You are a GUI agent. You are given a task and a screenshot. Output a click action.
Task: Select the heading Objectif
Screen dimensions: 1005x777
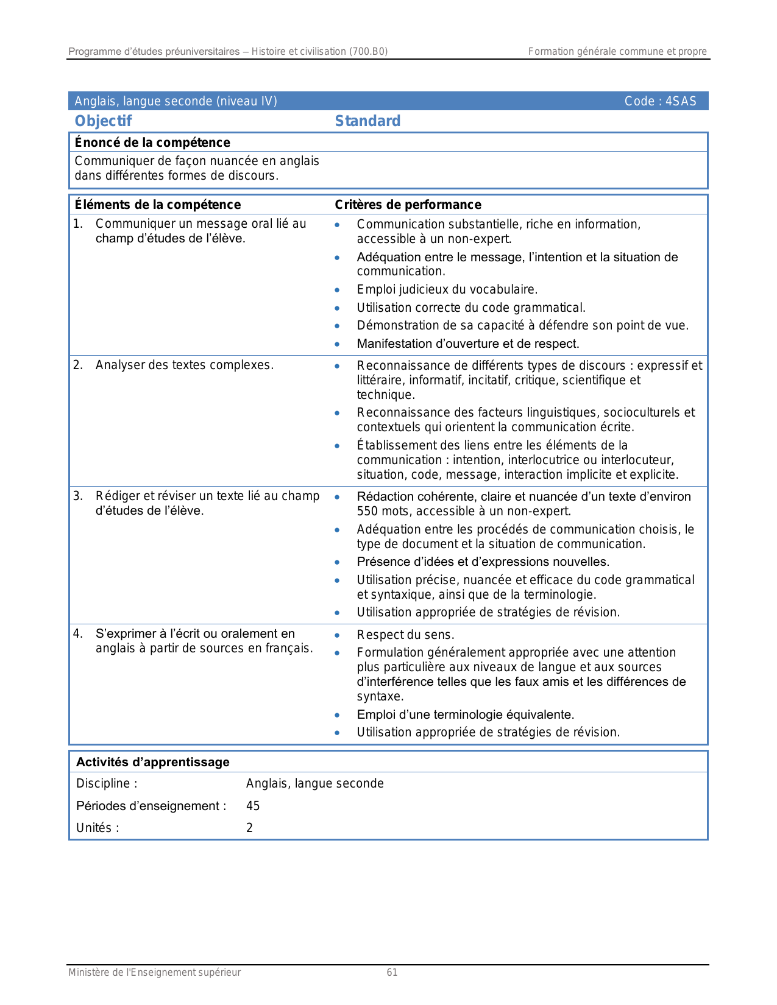coord(103,121)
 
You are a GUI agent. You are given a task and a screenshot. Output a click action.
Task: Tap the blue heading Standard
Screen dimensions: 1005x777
coord(367,121)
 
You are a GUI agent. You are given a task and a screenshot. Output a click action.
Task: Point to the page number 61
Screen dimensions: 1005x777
coord(392,973)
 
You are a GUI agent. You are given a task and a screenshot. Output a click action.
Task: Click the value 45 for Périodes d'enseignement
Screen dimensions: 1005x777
coord(253,806)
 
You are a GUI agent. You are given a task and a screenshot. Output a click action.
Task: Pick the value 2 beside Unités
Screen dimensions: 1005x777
coord(249,828)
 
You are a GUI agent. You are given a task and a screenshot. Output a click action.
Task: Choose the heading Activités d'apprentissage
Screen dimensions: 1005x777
coord(152,762)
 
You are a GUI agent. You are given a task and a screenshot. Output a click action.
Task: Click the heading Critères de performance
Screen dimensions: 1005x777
coord(408,205)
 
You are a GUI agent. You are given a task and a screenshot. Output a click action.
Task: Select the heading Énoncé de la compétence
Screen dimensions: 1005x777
coord(152,143)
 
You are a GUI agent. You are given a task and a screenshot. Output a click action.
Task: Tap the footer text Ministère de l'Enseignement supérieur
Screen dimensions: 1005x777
coord(154,973)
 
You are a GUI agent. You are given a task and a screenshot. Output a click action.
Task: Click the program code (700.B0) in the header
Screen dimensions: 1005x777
coord(368,52)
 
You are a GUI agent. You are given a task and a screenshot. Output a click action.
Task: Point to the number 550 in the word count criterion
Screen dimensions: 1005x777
coord(367,512)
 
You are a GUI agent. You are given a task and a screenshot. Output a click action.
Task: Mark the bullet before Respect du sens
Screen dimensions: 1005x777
coord(337,635)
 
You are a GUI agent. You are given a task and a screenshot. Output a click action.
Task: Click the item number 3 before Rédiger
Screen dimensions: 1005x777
coord(77,496)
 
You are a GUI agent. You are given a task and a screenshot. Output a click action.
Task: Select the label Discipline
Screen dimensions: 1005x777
coord(104,783)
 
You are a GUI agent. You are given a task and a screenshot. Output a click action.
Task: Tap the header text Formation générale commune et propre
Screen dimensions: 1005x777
coord(617,52)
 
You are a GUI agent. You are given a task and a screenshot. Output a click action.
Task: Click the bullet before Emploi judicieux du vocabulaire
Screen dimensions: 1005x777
coord(337,290)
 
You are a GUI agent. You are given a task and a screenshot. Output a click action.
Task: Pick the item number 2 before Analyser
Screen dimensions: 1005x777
coord(77,365)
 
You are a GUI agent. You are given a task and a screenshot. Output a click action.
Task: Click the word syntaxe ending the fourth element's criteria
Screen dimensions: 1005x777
coord(378,697)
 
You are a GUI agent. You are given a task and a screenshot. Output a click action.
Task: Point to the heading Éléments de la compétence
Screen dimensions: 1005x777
coord(157,205)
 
